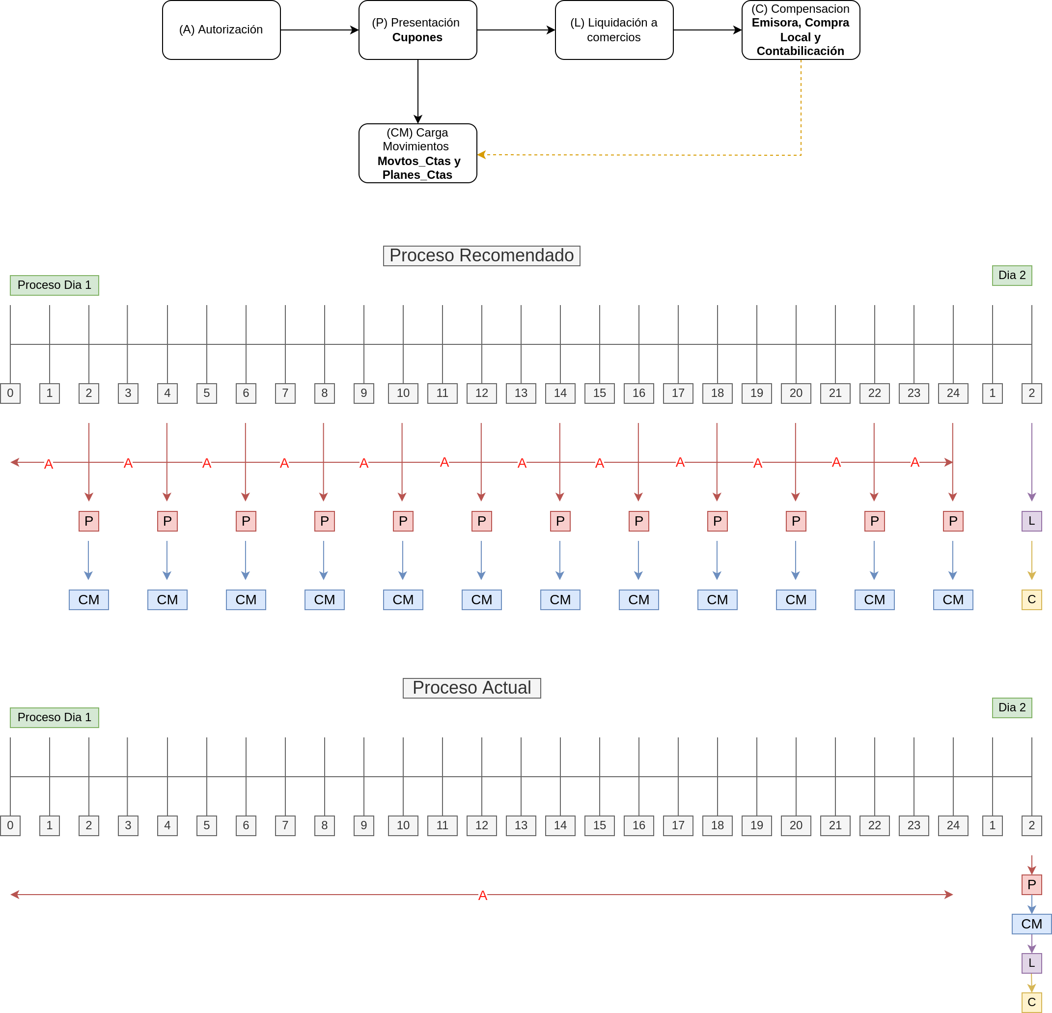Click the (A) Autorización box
[x=221, y=30]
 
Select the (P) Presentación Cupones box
[x=417, y=30]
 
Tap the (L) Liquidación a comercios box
[x=614, y=30]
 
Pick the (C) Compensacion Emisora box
[x=801, y=30]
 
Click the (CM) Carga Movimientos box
[x=417, y=154]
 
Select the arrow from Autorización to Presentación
[x=320, y=30]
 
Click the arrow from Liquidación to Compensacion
[x=708, y=30]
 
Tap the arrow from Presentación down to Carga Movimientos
[x=418, y=92]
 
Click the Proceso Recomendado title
[x=481, y=255]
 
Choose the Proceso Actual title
[x=472, y=688]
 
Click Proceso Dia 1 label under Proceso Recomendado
[x=54, y=285]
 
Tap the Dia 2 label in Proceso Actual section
[x=1012, y=707]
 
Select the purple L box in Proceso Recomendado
[x=1031, y=521]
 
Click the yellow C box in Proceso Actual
[x=1031, y=1002]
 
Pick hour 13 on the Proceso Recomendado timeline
[x=521, y=393]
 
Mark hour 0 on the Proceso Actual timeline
[x=10, y=825]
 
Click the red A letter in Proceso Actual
[x=482, y=896]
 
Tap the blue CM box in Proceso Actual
[x=1031, y=924]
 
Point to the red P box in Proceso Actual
[x=1031, y=884]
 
